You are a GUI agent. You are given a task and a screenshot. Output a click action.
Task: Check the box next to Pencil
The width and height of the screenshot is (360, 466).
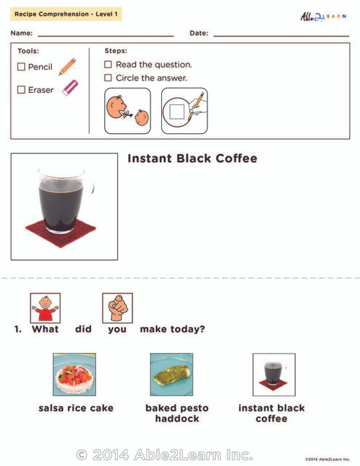(x=22, y=67)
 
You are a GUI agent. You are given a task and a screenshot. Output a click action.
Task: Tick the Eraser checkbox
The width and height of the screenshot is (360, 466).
(x=22, y=90)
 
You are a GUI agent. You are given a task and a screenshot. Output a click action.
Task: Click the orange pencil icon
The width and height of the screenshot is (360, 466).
(x=68, y=67)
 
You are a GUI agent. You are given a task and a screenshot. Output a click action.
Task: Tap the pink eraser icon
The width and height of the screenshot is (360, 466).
(x=69, y=88)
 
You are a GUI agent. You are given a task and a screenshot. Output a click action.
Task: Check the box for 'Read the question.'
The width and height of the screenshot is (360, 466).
(x=109, y=65)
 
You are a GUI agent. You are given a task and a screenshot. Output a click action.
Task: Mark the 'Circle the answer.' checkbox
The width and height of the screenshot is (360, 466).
(x=109, y=78)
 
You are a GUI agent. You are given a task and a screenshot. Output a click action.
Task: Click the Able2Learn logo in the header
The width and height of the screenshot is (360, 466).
(x=323, y=15)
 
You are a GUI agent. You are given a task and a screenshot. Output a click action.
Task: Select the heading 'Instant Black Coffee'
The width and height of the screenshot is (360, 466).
(x=192, y=158)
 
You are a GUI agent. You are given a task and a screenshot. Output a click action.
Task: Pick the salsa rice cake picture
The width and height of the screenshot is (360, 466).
(x=75, y=375)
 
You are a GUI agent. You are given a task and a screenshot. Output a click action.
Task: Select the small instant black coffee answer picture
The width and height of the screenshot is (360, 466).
(x=273, y=375)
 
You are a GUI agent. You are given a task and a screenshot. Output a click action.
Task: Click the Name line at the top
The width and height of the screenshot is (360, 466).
(x=105, y=34)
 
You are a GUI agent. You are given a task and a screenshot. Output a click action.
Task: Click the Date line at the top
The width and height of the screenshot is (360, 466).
(x=281, y=34)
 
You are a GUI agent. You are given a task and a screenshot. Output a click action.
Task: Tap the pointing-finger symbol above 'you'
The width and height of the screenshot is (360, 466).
(x=117, y=308)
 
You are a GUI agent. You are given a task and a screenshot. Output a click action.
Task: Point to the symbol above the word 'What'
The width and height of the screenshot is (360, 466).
(x=45, y=308)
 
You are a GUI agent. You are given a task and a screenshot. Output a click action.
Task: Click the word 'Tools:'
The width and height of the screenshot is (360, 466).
(x=28, y=51)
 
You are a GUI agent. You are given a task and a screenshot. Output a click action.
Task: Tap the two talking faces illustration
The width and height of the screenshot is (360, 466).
(x=127, y=111)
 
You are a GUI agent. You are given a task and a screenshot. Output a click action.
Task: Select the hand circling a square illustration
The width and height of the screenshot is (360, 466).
(x=184, y=111)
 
